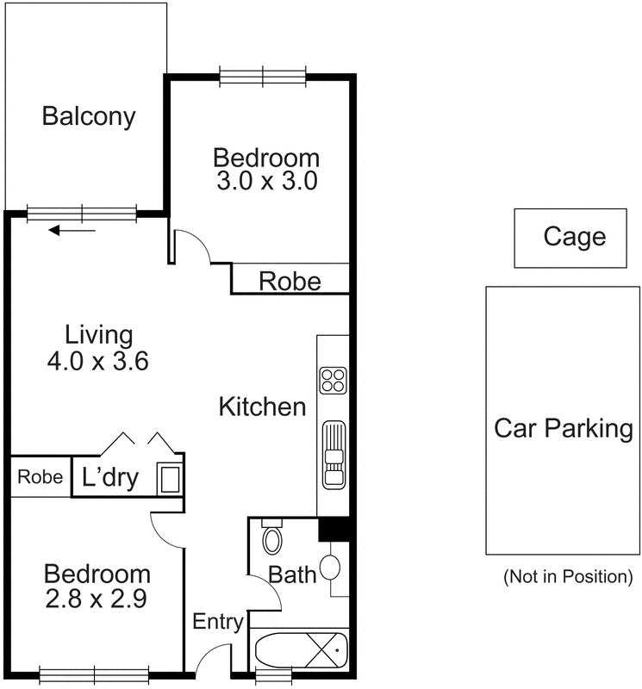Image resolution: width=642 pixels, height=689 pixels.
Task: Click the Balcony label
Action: [x=89, y=117]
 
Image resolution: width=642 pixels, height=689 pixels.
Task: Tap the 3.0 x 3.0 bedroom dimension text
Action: [x=267, y=181]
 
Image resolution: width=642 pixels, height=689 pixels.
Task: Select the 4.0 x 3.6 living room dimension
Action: [x=97, y=362]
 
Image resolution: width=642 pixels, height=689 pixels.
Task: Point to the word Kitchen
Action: [x=263, y=407]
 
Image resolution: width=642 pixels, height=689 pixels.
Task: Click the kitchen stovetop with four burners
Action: [x=333, y=380]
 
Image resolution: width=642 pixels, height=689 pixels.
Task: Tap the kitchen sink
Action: [x=333, y=455]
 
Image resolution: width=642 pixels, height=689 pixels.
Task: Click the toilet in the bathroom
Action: [x=272, y=536]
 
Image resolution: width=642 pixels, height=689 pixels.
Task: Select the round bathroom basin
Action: [x=330, y=568]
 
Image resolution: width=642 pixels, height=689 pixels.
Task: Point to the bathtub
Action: [x=302, y=650]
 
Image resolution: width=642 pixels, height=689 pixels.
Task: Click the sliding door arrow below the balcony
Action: [x=72, y=230]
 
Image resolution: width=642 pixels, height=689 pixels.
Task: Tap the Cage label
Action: [x=575, y=237]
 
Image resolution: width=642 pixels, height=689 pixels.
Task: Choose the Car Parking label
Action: [x=564, y=428]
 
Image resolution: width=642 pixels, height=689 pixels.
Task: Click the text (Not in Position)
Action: [x=568, y=576]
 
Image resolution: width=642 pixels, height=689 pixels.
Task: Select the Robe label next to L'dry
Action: [x=40, y=477]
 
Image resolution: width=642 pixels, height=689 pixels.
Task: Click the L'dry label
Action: [x=110, y=478]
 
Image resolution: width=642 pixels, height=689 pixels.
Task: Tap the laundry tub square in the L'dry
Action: [x=170, y=479]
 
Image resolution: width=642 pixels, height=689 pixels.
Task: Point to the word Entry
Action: [x=218, y=622]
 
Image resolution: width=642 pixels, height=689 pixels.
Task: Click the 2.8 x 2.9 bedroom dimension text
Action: [x=97, y=599]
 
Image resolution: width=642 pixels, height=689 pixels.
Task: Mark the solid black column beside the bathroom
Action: [x=333, y=529]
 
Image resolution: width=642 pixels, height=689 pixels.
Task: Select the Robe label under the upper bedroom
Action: [x=290, y=282]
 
